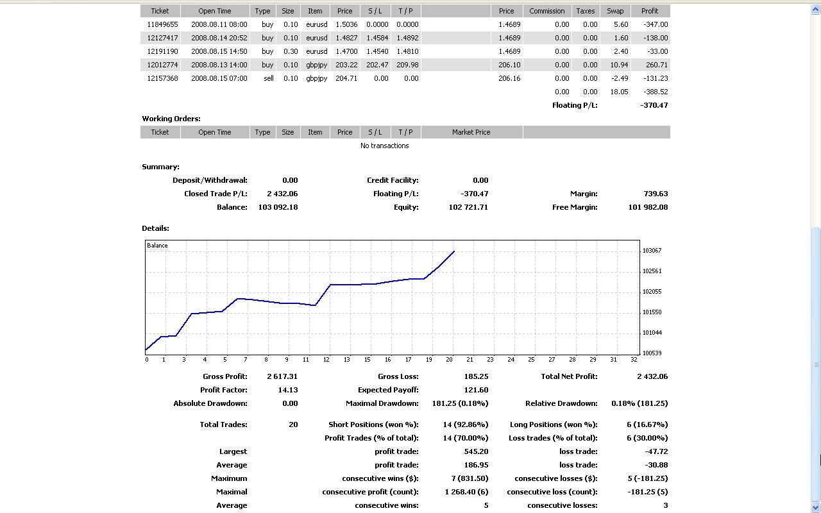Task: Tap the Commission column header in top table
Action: click(x=546, y=11)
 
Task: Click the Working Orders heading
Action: click(x=171, y=119)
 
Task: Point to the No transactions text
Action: click(x=384, y=146)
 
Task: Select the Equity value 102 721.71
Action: click(x=468, y=207)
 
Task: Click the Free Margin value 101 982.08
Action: click(x=648, y=207)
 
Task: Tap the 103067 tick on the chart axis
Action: click(x=652, y=251)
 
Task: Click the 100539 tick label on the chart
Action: click(x=652, y=353)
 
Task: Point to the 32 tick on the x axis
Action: click(x=634, y=360)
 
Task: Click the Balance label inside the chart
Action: click(x=157, y=246)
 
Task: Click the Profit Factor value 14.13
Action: click(x=289, y=390)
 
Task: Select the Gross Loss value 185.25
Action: click(x=476, y=376)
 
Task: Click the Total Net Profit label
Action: click(x=569, y=376)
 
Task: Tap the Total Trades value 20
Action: click(x=293, y=425)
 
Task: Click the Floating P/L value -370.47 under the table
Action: click(x=654, y=105)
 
